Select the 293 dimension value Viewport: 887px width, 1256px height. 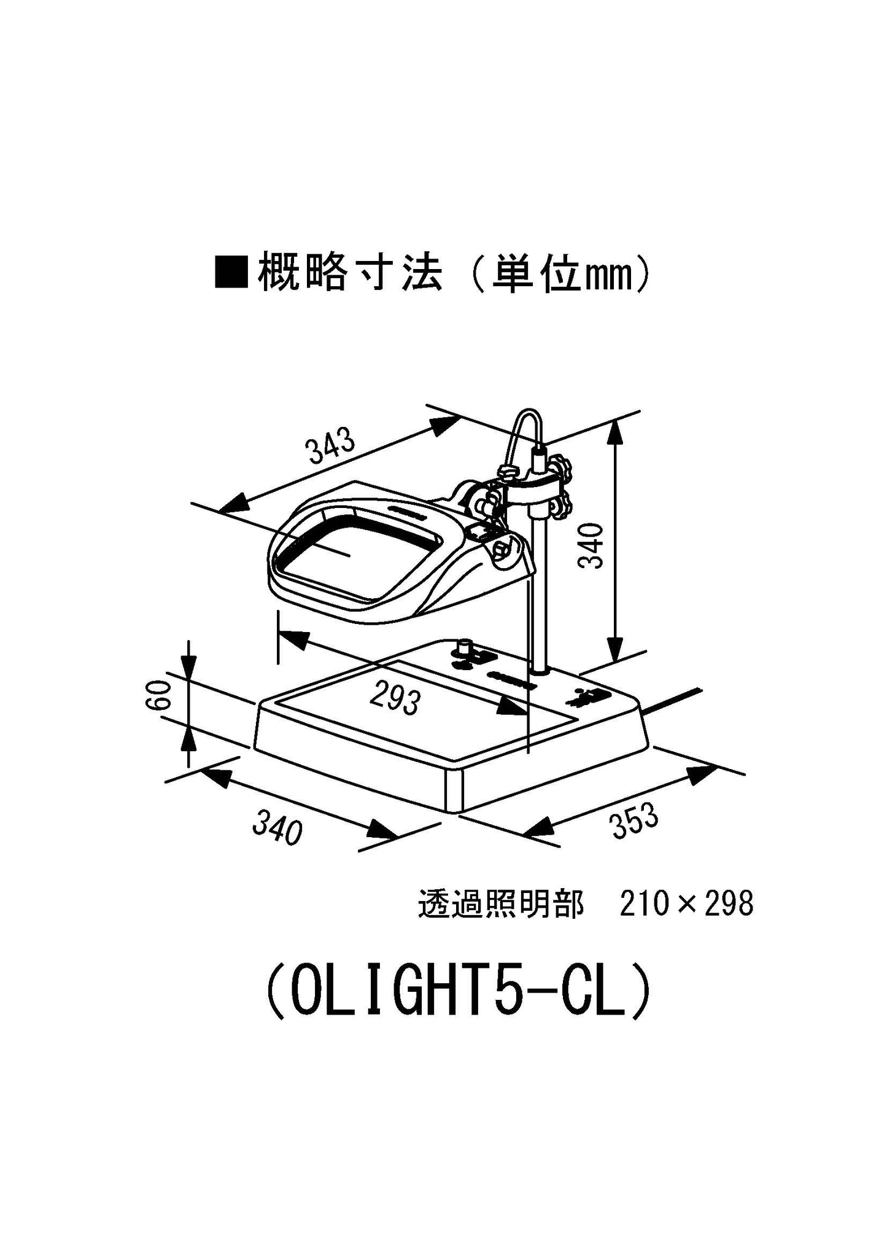(396, 700)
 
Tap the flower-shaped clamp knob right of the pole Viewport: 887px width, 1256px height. (562, 470)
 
